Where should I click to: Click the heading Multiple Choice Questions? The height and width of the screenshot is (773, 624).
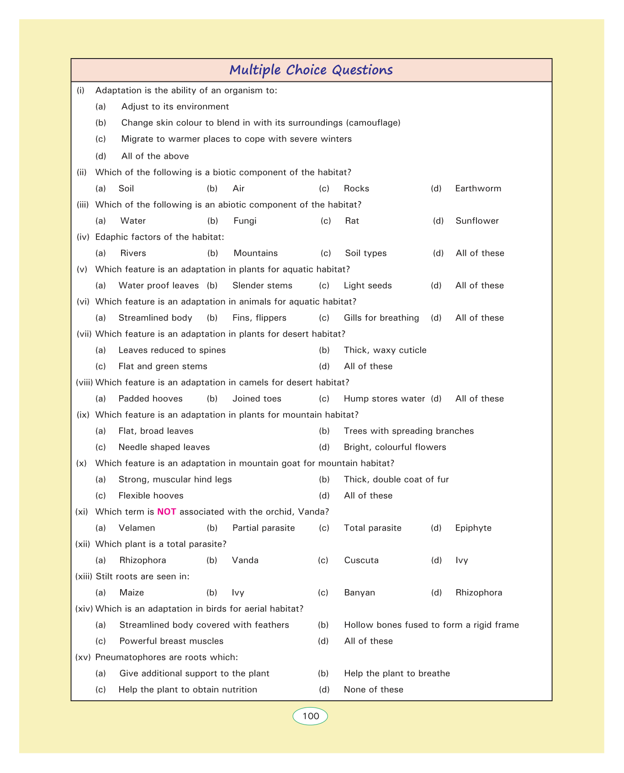311,70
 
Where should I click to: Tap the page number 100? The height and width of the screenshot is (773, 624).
311,716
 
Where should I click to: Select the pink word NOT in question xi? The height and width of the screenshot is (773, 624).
167,512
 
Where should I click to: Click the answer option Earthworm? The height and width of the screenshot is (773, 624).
478,188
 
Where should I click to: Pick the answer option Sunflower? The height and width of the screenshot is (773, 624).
477,221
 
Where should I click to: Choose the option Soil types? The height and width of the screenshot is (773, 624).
365,253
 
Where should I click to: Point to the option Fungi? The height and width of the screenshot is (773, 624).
245,221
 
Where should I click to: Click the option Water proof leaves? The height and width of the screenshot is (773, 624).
159,285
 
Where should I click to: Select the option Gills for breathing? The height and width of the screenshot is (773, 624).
381,318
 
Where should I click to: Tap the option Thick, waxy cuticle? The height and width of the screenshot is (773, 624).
385,350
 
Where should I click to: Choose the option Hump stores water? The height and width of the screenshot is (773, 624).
384,399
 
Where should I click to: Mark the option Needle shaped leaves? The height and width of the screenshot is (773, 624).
164,447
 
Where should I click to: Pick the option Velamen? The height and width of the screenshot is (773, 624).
137,528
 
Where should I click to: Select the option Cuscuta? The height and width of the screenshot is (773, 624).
361,560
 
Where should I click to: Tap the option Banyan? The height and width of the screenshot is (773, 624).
359,593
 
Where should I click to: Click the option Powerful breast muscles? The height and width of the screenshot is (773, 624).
171,641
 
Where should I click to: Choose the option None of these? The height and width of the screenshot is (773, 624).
373,690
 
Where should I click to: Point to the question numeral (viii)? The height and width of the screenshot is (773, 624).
84,382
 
